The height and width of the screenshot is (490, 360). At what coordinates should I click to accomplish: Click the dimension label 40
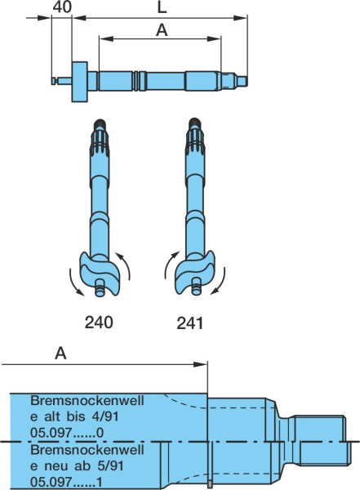point(62,7)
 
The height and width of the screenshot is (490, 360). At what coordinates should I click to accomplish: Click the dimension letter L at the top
point(162,7)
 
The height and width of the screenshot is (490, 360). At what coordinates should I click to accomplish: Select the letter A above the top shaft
point(162,30)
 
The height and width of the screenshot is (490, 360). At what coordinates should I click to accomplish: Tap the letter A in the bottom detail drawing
point(60,354)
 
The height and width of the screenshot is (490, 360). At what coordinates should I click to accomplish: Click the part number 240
point(99,323)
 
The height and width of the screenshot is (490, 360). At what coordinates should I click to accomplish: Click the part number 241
point(190,323)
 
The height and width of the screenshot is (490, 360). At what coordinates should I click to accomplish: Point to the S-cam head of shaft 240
point(100,273)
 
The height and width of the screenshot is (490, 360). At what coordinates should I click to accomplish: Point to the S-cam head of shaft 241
point(194,273)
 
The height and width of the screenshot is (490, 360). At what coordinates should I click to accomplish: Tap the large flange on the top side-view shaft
point(80,82)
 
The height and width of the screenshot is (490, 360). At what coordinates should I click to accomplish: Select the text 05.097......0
point(67,433)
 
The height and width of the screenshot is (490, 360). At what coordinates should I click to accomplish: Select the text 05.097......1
point(67,482)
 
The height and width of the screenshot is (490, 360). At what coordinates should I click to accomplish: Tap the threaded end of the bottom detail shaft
point(320,440)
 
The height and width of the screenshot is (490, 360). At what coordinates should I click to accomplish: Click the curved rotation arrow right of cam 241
point(219,282)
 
